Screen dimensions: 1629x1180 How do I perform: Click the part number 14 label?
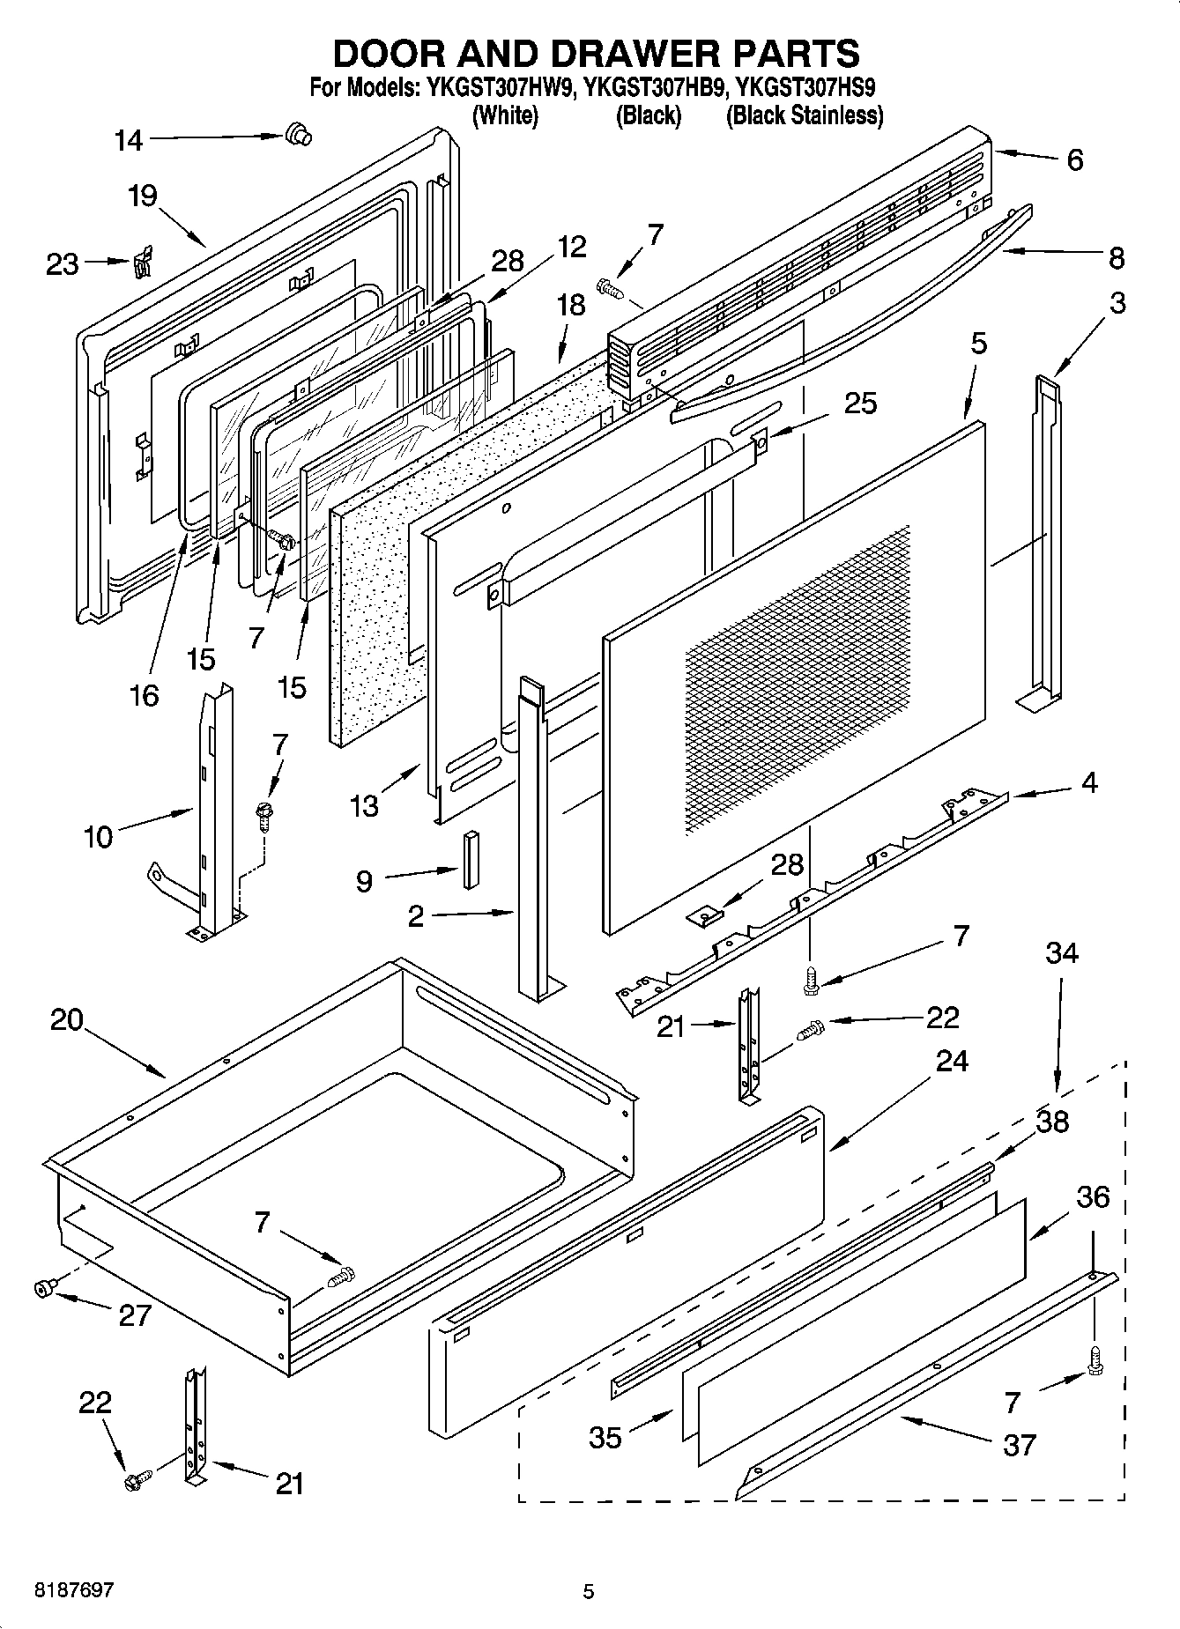[129, 140]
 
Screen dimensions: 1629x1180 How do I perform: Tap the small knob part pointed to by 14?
[298, 135]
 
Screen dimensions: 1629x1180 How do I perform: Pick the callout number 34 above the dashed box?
[1062, 952]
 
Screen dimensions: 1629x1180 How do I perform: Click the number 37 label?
[1019, 1445]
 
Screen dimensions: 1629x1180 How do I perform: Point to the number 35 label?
[605, 1437]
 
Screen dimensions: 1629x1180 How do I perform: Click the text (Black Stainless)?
[804, 115]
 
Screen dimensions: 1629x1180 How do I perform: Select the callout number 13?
[364, 805]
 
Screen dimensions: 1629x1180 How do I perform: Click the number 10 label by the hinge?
[98, 836]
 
